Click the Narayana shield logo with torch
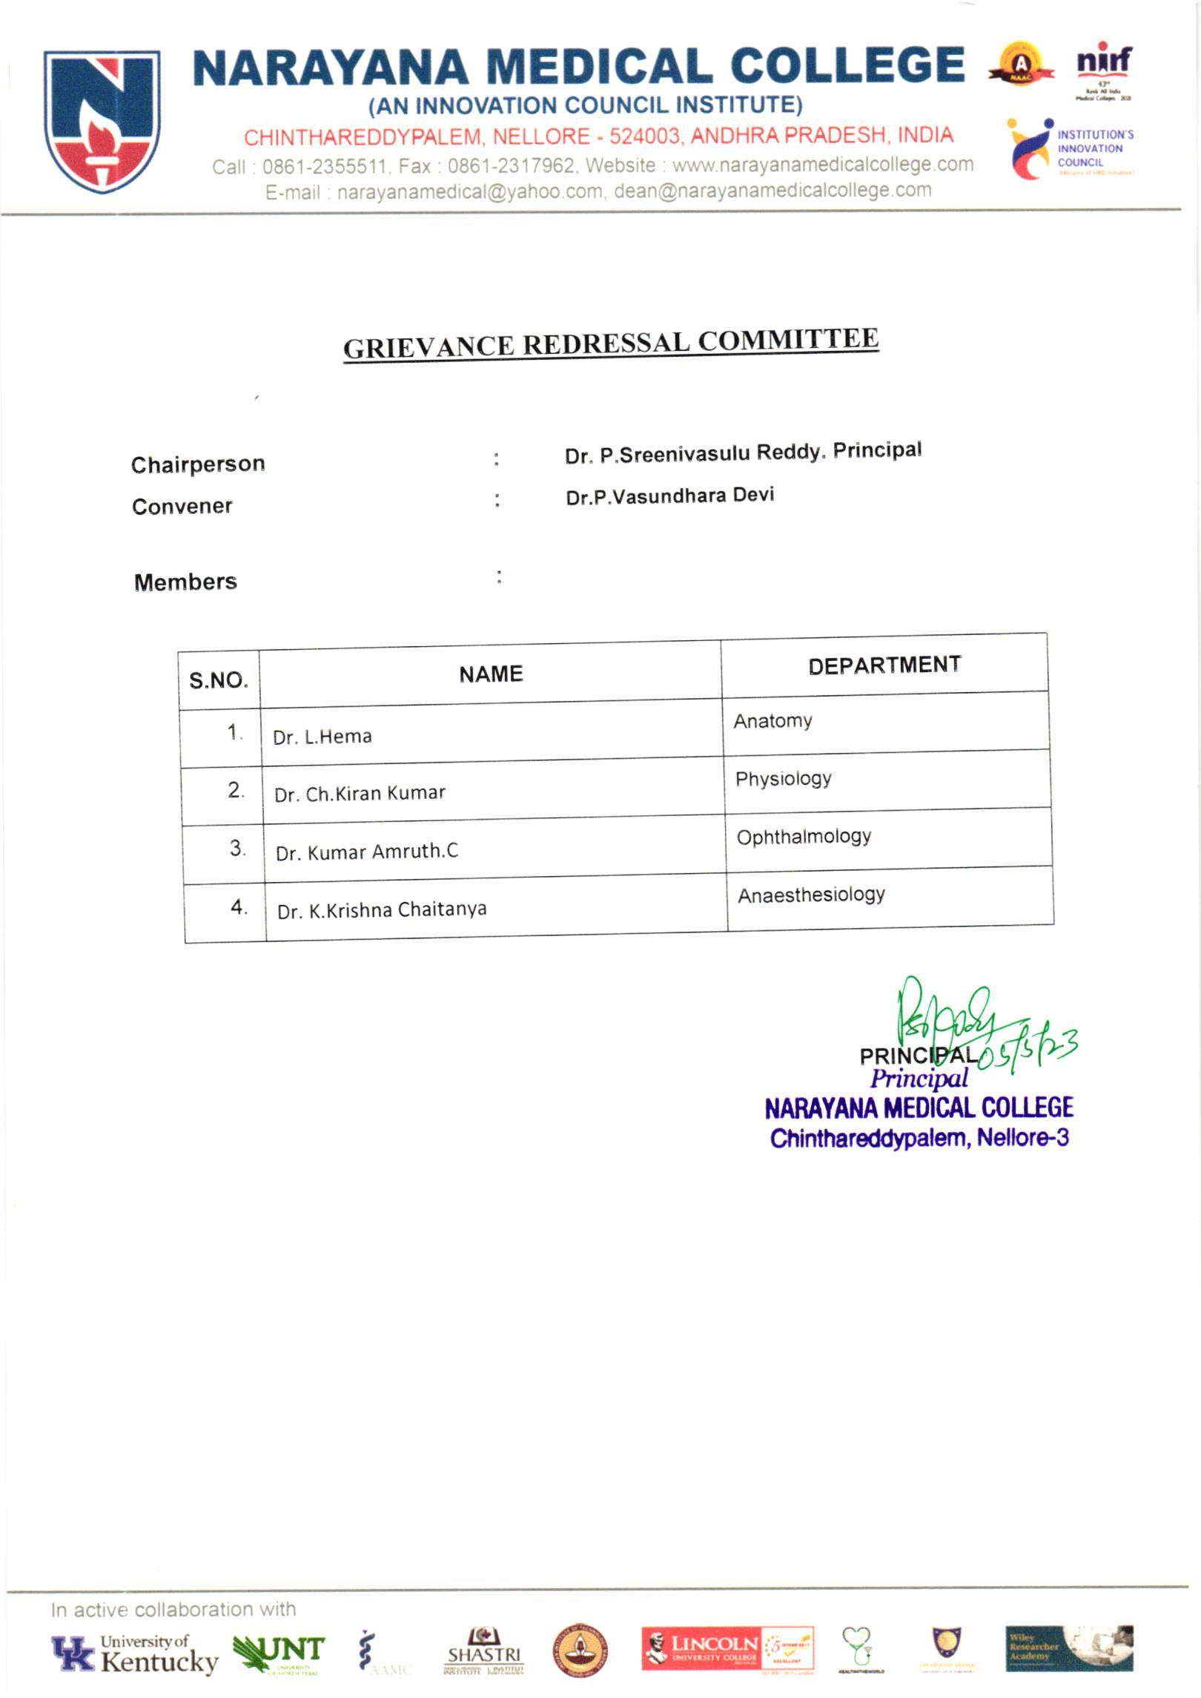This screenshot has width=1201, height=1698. click(x=102, y=121)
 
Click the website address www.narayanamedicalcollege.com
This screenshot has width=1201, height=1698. click(x=823, y=164)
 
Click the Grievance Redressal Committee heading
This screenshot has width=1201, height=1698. click(x=611, y=343)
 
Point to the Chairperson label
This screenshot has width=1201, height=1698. click(x=198, y=464)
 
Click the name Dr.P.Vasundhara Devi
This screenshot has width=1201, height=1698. click(x=669, y=496)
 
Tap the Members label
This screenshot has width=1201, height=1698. click(x=185, y=582)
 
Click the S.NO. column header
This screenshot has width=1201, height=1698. click(x=219, y=680)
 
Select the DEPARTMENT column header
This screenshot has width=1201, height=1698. click(x=884, y=665)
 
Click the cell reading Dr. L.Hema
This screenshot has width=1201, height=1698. click(x=322, y=737)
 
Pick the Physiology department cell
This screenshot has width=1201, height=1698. click(x=783, y=779)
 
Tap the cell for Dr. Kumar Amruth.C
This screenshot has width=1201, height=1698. click(x=367, y=852)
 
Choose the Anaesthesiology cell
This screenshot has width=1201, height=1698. click(x=811, y=895)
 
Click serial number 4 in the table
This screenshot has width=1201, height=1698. click(x=239, y=906)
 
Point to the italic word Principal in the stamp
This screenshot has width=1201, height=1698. click(x=919, y=1079)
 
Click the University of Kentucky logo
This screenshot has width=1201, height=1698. click(x=135, y=1654)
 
